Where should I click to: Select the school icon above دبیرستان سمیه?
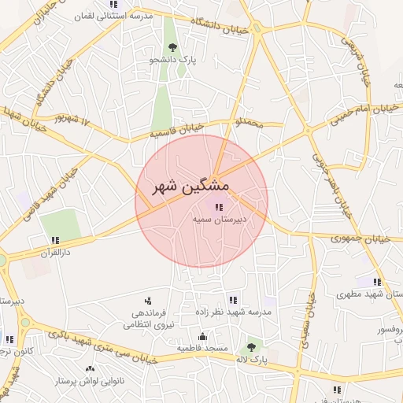pyautogui.click(x=218, y=208)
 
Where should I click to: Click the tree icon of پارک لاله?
pyautogui.click(x=251, y=346)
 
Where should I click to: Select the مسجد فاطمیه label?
pyautogui.click(x=202, y=348)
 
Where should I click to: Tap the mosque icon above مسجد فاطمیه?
pyautogui.click(x=203, y=336)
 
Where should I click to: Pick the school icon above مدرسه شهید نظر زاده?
pyautogui.click(x=232, y=300)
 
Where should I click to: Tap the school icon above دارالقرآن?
pyautogui.click(x=55, y=240)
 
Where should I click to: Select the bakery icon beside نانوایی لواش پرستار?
pyautogui.click(x=89, y=368)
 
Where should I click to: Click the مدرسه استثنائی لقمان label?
pyautogui.click(x=120, y=17)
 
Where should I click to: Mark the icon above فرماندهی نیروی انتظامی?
pyautogui.click(x=147, y=301)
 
